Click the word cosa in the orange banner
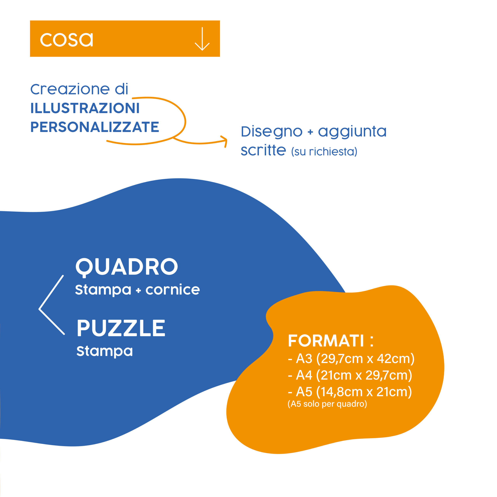click(x=66, y=40)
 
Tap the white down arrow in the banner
click(x=202, y=39)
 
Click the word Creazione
click(x=70, y=89)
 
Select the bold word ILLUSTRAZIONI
click(x=85, y=108)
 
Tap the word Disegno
click(x=272, y=132)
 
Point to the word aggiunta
click(x=352, y=132)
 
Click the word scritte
click(x=263, y=150)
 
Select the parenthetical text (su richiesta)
click(x=324, y=151)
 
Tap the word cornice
click(x=173, y=290)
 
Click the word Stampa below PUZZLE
click(x=105, y=351)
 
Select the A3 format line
click(x=351, y=359)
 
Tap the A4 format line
click(x=350, y=375)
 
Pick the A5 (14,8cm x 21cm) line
click(x=350, y=392)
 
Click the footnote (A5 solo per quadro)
click(x=327, y=404)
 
